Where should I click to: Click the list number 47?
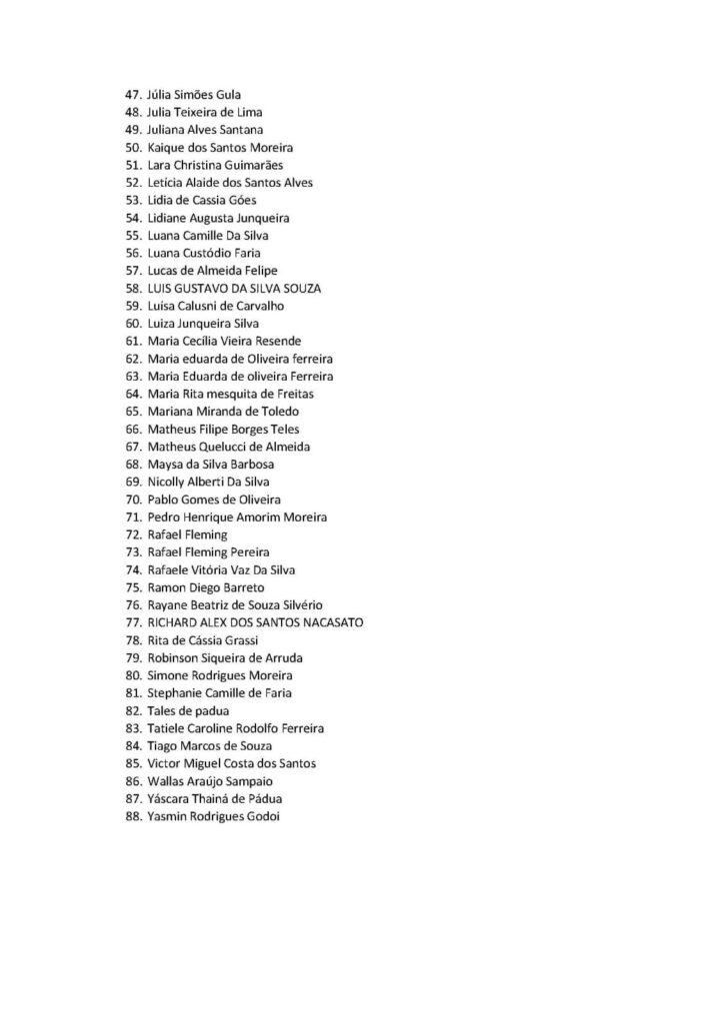pyautogui.click(x=132, y=95)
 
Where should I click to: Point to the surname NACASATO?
pyautogui.click(x=329, y=622)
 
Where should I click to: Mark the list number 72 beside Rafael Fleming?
pyautogui.click(x=132, y=534)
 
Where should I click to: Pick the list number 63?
pyautogui.click(x=132, y=376)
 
